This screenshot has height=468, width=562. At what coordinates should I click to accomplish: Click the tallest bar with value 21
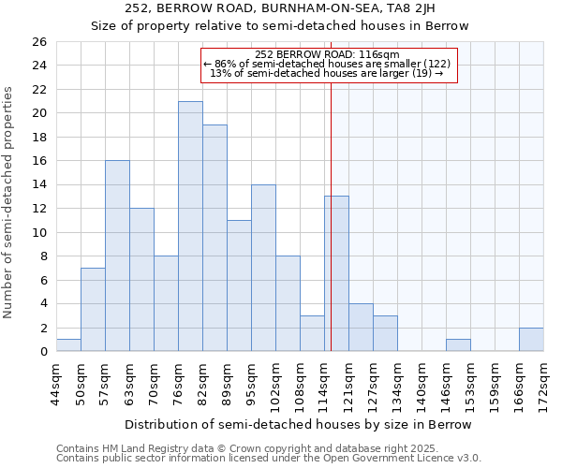point(190,227)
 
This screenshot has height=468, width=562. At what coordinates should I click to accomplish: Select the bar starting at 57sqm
point(117,256)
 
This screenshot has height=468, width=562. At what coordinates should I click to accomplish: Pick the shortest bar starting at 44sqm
point(68,345)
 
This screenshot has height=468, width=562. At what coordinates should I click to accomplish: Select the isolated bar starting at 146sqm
point(458,345)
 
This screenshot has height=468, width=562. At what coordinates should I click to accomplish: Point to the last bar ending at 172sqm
point(531,340)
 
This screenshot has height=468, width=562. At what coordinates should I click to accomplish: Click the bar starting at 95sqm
point(263,268)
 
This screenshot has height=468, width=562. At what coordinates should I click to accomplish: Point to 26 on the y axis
point(38,42)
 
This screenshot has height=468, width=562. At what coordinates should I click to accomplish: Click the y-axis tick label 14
point(38,185)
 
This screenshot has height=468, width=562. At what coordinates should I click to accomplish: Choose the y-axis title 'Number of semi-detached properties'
point(10,202)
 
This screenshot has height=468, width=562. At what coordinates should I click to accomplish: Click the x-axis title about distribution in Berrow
point(297,425)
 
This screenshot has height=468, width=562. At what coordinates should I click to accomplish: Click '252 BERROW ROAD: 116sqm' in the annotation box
point(327,54)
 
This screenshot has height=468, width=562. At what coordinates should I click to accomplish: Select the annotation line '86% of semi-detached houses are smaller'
point(327,64)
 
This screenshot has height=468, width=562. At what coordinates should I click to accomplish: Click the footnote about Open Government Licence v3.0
point(269,459)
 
